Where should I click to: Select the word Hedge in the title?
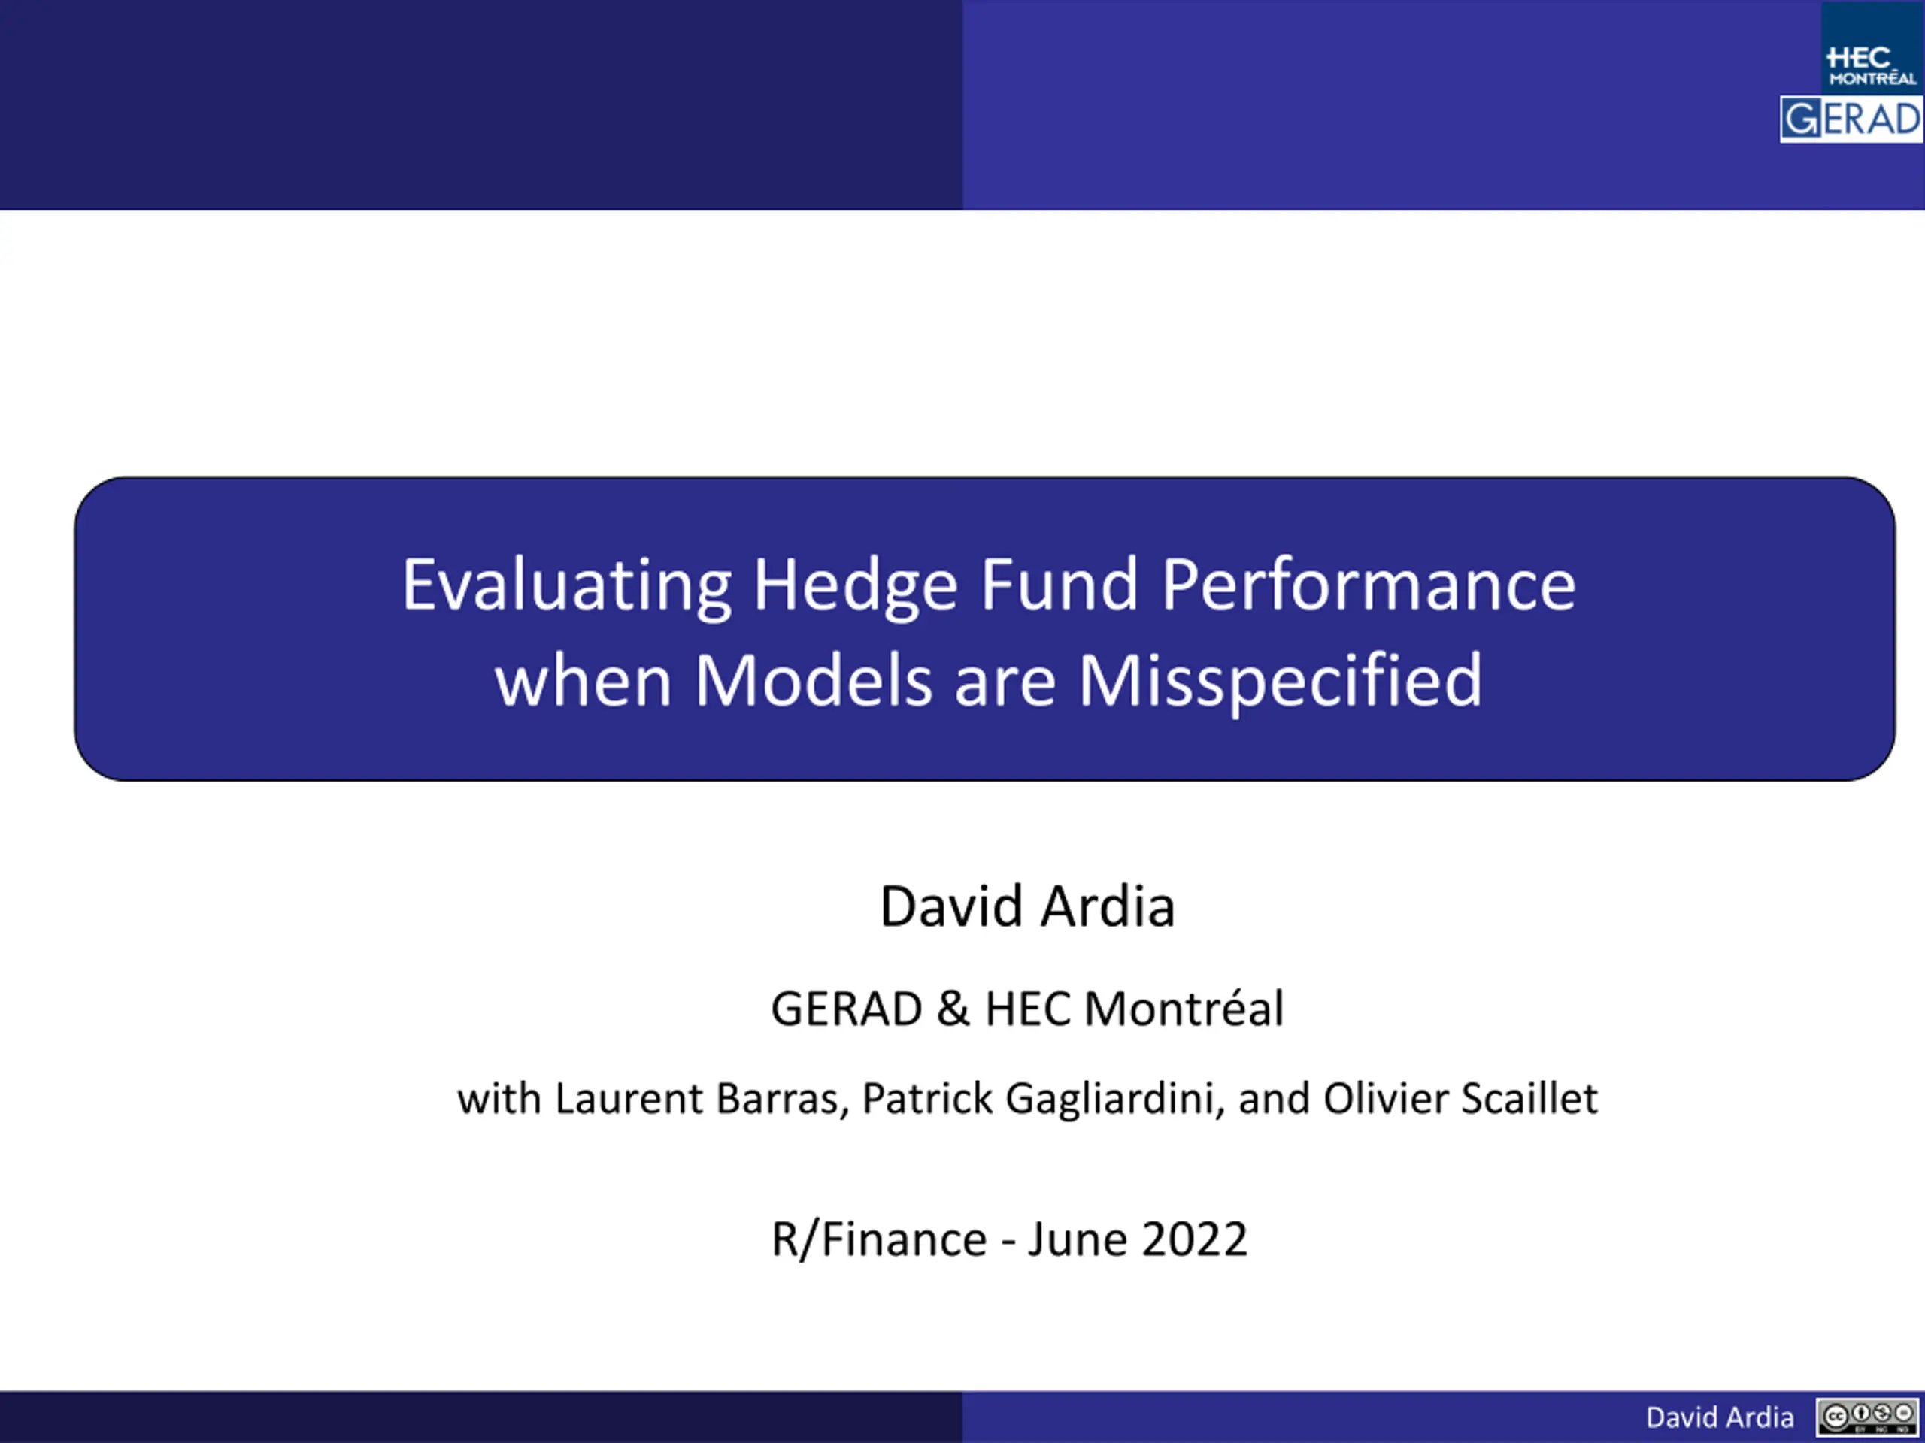[x=856, y=585]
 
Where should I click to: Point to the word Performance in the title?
[x=1369, y=585]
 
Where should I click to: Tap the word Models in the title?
[x=814, y=680]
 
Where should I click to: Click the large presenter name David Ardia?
[x=1028, y=906]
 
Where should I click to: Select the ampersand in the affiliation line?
[x=953, y=1008]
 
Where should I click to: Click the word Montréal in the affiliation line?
[x=1184, y=1008]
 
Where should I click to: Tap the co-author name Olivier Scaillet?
[x=1461, y=1098]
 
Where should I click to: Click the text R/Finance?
[x=880, y=1239]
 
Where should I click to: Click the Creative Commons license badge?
[x=1868, y=1416]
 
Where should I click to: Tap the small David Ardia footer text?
[x=1720, y=1417]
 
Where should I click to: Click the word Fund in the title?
[x=1060, y=585]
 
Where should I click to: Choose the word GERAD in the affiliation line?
[x=847, y=1009]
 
